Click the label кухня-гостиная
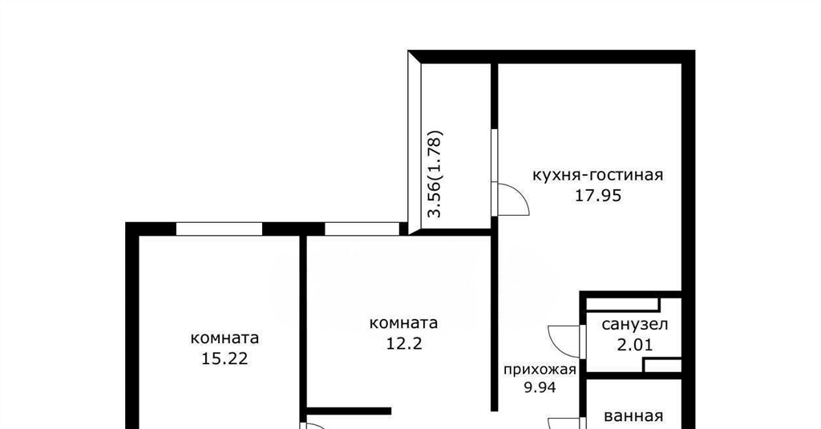(x=597, y=175)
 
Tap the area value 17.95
(x=598, y=196)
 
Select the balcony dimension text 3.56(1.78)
(x=435, y=173)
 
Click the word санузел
(x=635, y=325)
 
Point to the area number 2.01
(x=635, y=345)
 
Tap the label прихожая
(x=540, y=370)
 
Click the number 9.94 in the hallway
(x=540, y=387)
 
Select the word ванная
(x=633, y=416)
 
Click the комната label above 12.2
(x=403, y=323)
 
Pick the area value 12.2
(x=404, y=344)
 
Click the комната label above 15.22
(x=224, y=338)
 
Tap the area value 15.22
(x=224, y=358)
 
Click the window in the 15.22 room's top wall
(x=219, y=229)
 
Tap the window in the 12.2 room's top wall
(x=362, y=229)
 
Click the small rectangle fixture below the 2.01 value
(x=662, y=365)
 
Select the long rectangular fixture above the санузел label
(x=622, y=304)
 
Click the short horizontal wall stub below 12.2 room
(x=349, y=411)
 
